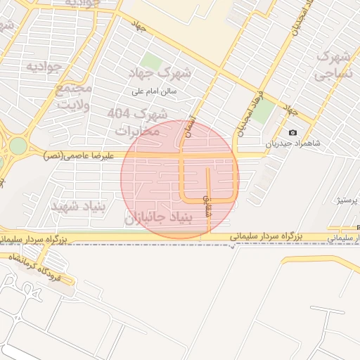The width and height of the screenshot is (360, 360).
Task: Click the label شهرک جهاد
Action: [x=161, y=73]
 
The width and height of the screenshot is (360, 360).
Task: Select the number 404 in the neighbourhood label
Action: [x=119, y=112]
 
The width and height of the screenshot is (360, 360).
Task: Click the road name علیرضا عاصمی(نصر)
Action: [x=72, y=154]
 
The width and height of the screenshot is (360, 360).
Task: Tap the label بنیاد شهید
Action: [x=78, y=205]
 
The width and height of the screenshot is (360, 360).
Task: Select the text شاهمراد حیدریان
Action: [x=292, y=143]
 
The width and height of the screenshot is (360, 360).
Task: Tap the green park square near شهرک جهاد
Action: [x=151, y=61]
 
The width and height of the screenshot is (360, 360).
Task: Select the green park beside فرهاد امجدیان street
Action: [x=264, y=111]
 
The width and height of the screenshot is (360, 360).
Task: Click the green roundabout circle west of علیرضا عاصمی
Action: [x=18, y=146]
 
